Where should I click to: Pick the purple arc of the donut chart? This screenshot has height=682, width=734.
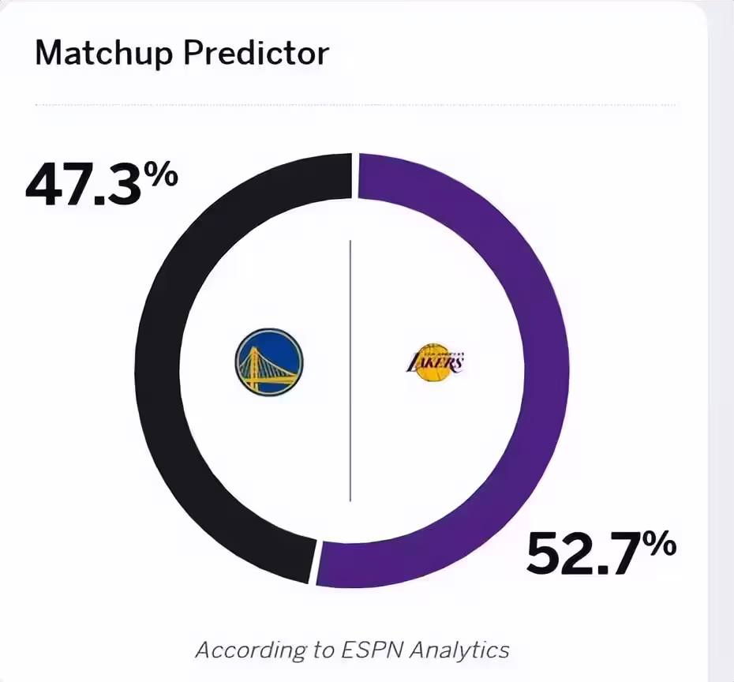point(545,371)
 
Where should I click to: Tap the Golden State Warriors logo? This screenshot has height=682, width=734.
point(268,362)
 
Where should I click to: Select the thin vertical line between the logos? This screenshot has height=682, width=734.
point(350,371)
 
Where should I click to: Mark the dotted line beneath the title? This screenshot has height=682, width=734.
point(355,104)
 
